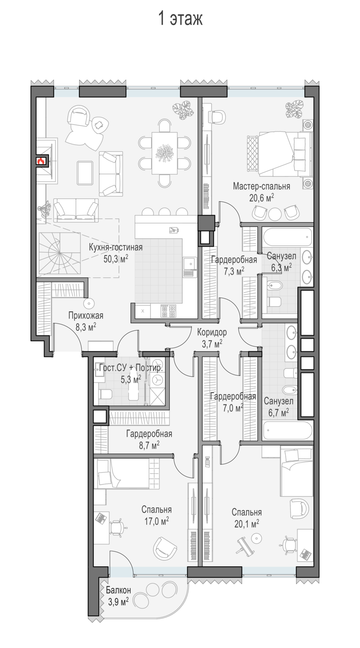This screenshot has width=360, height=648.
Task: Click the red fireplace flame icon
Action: coord(41,161)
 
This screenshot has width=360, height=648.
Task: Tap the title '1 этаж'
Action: coord(180,19)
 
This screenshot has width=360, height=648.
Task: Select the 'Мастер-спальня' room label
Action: coord(261,186)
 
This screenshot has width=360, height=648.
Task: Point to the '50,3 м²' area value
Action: coord(116,259)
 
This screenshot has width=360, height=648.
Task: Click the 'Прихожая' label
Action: coord(86,315)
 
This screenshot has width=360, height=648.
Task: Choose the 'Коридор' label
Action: coord(212,332)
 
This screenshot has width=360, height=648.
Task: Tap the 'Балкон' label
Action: coord(118,590)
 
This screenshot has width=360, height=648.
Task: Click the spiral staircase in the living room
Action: coord(59,253)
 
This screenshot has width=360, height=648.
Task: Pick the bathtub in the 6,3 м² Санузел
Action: coord(287,237)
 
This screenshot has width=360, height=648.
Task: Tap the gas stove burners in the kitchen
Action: coord(169,311)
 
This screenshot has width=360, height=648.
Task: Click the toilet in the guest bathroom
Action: coord(105,394)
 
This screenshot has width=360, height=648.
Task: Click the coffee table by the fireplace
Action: coord(85,173)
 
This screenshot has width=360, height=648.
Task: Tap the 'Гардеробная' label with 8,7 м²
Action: coord(149,434)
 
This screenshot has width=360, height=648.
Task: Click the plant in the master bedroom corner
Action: coord(294,109)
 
